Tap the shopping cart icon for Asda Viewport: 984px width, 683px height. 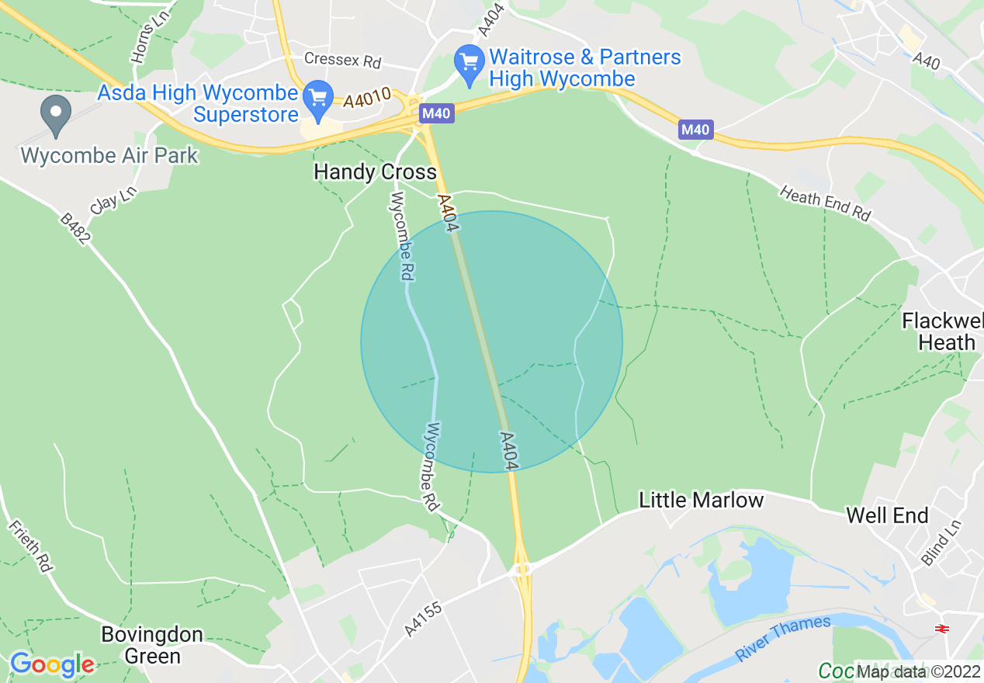(317, 97)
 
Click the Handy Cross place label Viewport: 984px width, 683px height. (376, 172)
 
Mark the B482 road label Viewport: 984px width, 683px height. (76, 231)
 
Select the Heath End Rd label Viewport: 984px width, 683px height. (826, 203)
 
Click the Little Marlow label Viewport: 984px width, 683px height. (701, 501)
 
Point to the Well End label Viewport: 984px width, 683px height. (887, 515)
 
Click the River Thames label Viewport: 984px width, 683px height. (783, 637)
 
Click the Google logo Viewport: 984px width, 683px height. (52, 664)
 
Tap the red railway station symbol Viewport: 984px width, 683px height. (943, 628)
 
